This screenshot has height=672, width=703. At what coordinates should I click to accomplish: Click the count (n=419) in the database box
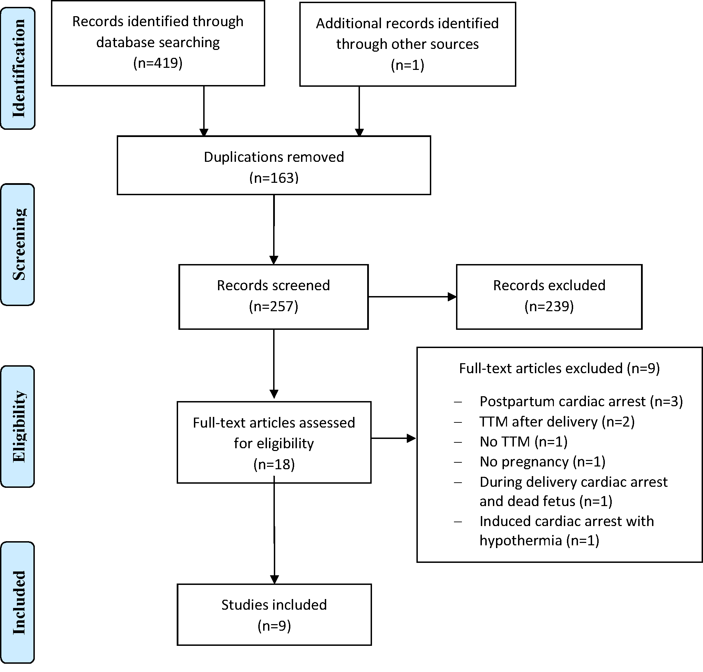tap(158, 63)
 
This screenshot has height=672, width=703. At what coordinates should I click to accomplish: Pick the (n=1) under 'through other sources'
tap(407, 65)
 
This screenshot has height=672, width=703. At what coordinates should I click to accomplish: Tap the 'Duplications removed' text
tap(274, 157)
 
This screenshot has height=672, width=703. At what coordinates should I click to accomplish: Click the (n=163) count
tap(274, 178)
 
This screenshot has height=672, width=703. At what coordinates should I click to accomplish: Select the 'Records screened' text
tap(273, 285)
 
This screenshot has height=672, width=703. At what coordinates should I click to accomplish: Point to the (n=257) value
tap(273, 306)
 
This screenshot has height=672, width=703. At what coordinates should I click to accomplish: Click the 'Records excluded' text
tap(549, 285)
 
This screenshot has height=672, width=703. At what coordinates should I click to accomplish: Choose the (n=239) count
tap(549, 306)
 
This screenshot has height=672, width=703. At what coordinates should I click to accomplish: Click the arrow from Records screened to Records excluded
tap(412, 297)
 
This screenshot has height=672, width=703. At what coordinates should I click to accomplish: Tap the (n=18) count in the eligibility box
tap(274, 464)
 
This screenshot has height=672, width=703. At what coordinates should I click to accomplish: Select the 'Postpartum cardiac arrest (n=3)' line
tap(581, 401)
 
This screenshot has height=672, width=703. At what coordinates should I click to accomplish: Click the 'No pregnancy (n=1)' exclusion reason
tap(542, 462)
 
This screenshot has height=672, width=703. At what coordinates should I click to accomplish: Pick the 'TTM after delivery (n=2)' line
tap(557, 422)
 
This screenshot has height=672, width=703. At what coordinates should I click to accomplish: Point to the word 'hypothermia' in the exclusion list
tap(521, 540)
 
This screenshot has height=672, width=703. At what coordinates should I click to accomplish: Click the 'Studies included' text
tap(274, 605)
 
